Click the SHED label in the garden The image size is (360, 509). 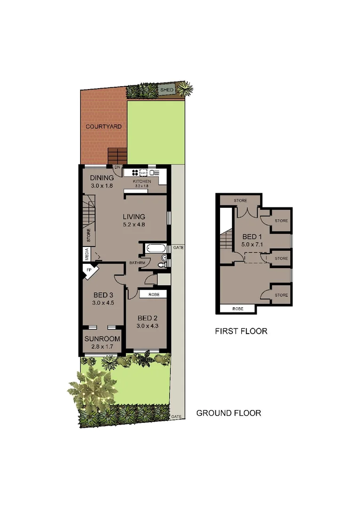tap(166, 90)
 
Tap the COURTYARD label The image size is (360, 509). tap(104, 126)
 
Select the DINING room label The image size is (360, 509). tap(102, 178)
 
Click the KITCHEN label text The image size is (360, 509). tap(141, 181)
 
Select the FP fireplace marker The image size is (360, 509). tap(89, 271)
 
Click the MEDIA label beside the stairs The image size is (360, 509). tap(87, 254)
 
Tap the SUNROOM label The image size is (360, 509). tap(102, 339)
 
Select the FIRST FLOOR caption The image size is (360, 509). tap(241, 331)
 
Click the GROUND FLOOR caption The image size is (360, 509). tap(229, 413)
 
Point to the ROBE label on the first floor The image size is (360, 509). tap(237, 309)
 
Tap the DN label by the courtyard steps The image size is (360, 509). tap(117, 167)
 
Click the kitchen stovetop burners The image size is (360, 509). tap(134, 172)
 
